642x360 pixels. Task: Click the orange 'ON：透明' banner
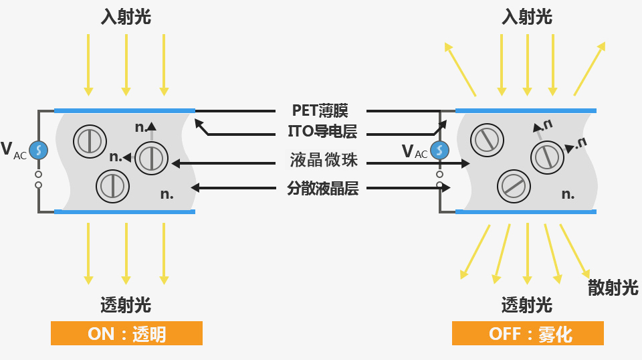pos(126,333)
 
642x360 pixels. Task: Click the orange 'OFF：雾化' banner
pos(528,333)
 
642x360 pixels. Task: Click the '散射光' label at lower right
pos(613,288)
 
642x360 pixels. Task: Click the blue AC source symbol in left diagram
pos(39,150)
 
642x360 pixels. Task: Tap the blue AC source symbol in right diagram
pos(439,151)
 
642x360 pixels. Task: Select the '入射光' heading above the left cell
pos(126,17)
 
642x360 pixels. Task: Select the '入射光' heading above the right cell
pos(527,17)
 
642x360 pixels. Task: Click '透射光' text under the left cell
pos(126,305)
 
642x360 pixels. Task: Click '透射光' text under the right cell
pos(527,305)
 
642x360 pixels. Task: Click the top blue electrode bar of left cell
pos(124,110)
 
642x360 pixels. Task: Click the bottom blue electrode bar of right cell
pos(526,211)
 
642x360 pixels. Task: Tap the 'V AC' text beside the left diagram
pos(14,150)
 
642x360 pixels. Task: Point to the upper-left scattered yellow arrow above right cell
pos(460,68)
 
